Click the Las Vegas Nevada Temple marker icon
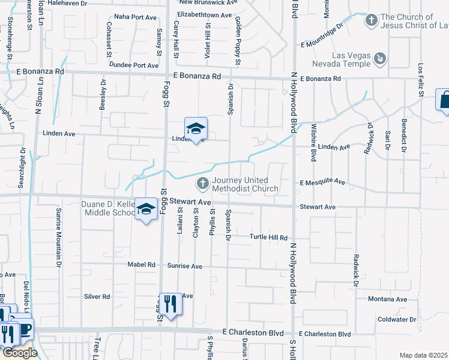[379, 58]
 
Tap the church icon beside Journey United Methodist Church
[203, 182]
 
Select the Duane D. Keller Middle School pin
[145, 209]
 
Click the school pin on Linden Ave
[195, 128]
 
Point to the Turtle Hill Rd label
[268, 238]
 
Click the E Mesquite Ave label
[323, 181]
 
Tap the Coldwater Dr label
[396, 320]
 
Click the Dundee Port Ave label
[137, 65]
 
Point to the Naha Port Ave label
[135, 17]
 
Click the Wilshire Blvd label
[313, 143]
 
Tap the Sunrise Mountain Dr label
[59, 237]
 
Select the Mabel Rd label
[141, 265]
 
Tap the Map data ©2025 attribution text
[423, 355]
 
